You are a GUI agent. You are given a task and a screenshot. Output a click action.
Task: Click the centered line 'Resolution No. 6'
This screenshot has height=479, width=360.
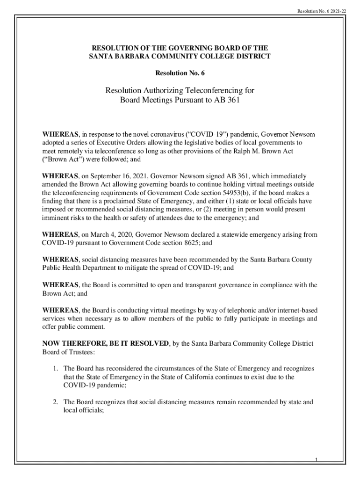(180, 73)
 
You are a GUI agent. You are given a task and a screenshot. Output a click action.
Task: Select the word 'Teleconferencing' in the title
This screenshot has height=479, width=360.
(208, 90)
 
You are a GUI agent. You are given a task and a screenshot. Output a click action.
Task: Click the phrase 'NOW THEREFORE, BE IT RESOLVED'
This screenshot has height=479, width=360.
(106, 344)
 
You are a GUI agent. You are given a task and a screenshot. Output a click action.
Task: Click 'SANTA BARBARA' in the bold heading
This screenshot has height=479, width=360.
(113, 57)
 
